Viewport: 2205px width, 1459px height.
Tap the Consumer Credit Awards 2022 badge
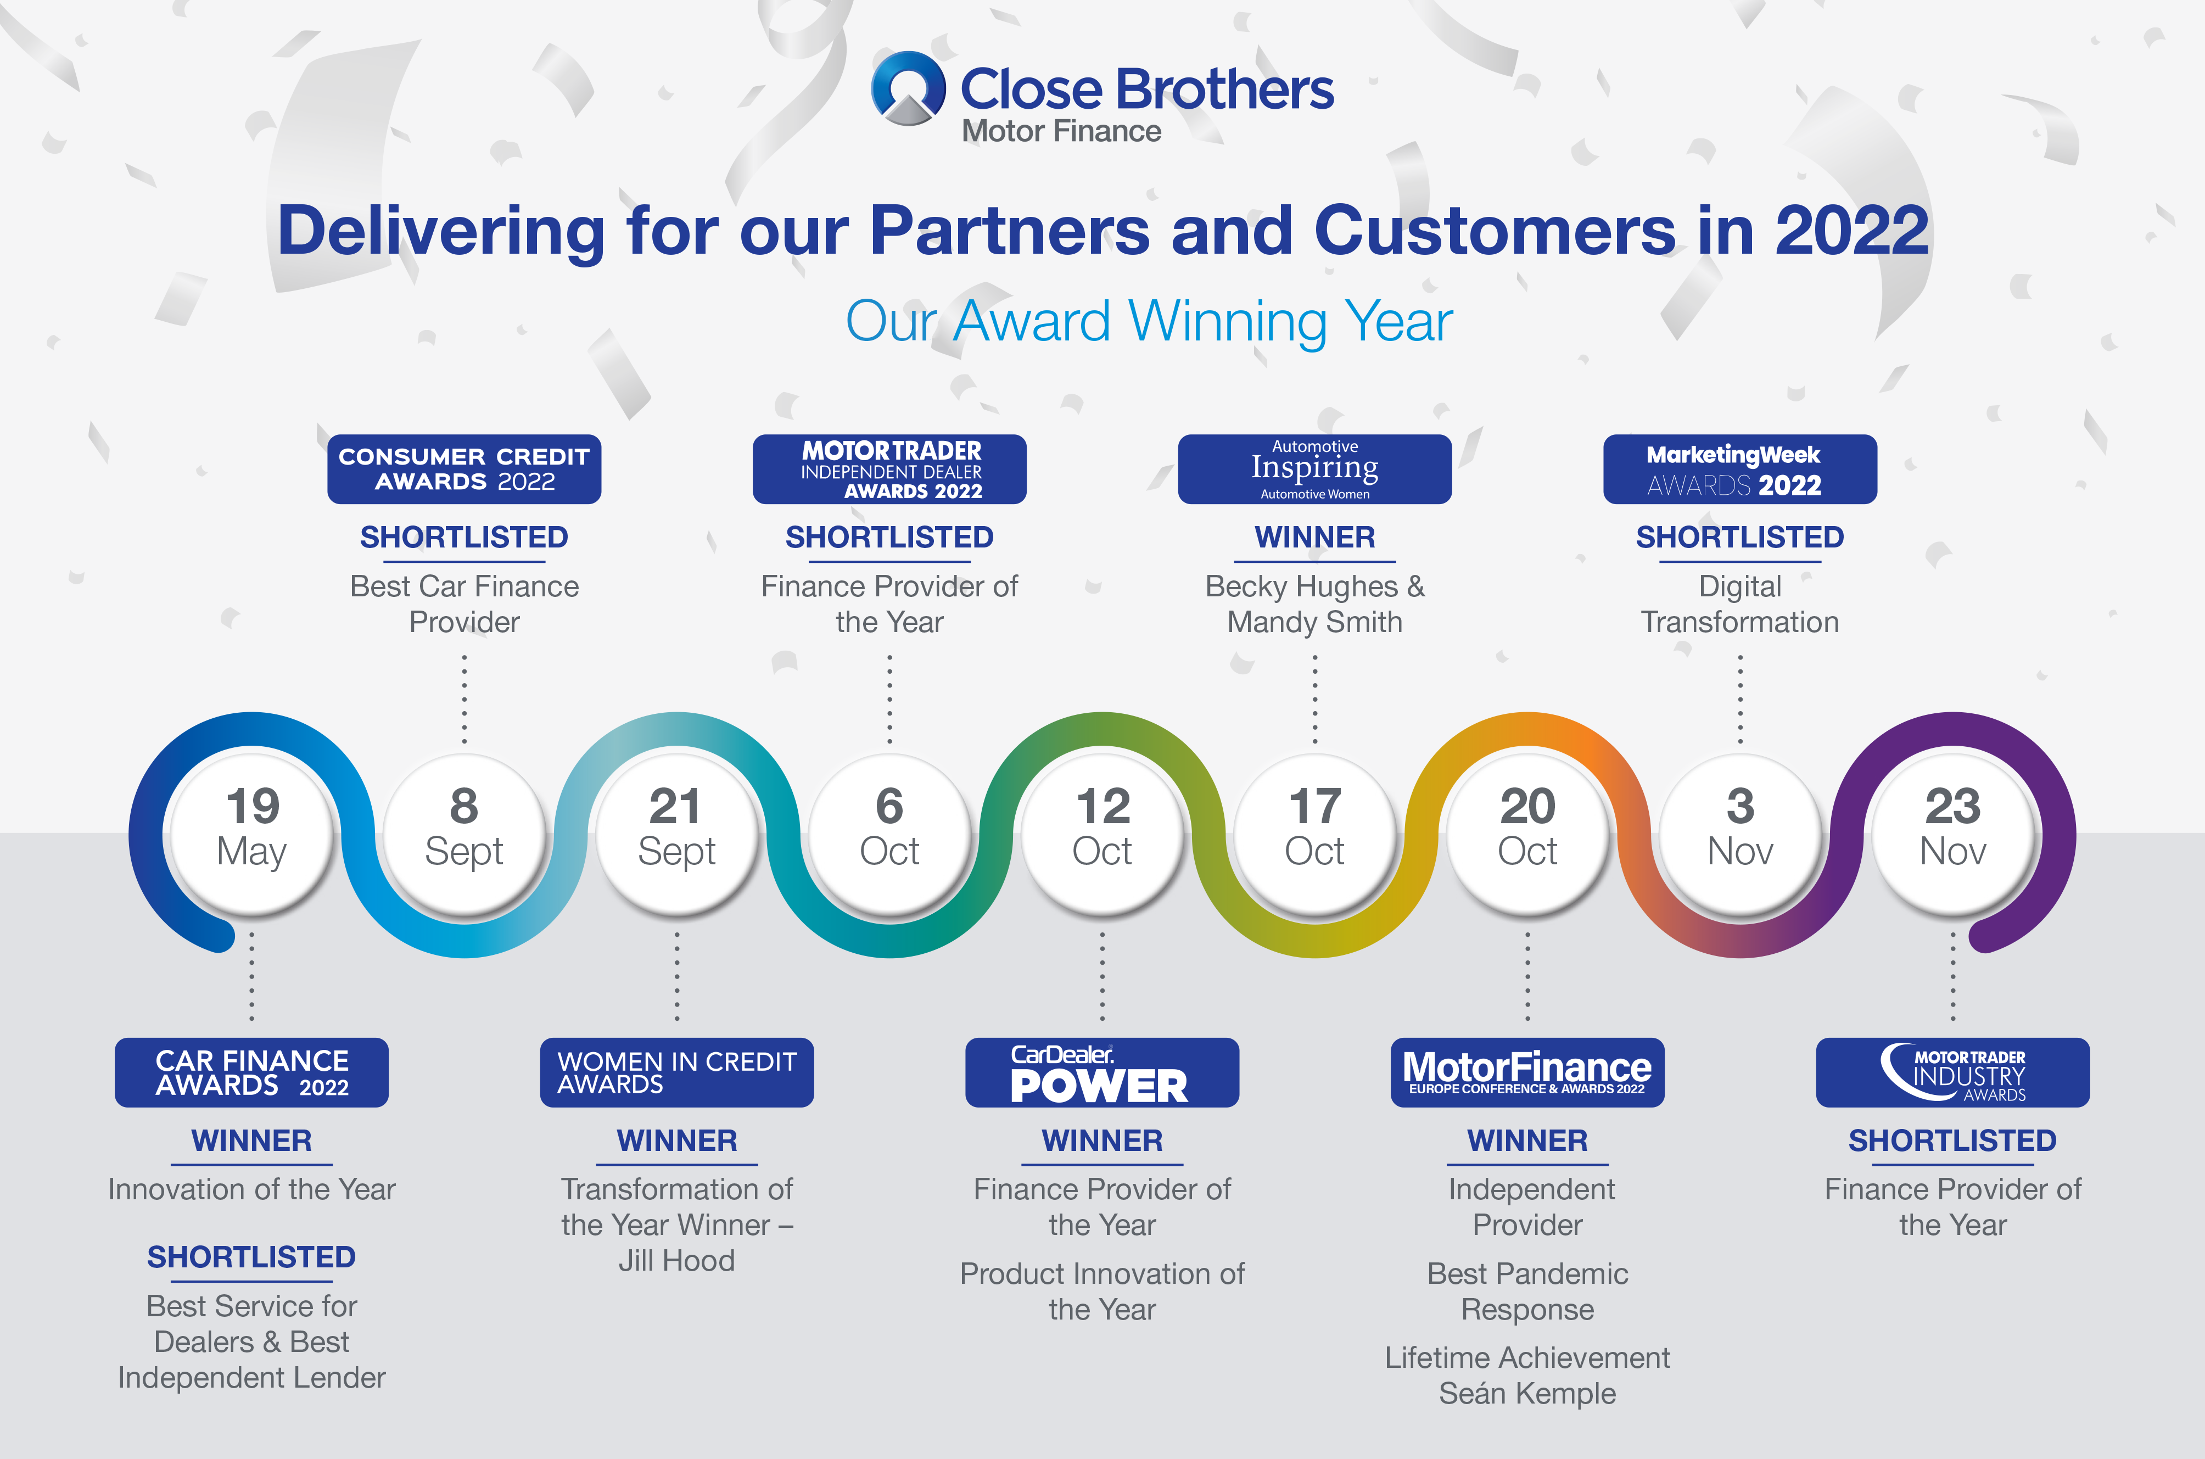coord(464,469)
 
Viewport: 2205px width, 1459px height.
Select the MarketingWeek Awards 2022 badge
coord(1740,469)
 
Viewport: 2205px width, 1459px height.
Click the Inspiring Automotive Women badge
coord(1314,469)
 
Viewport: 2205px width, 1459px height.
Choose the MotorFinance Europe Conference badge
coord(1527,1072)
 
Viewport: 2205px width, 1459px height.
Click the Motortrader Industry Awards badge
coord(1953,1072)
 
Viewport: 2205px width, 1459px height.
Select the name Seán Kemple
coord(1527,1394)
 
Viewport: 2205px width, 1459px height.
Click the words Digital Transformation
coord(1740,604)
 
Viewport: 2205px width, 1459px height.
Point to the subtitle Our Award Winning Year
coord(1149,322)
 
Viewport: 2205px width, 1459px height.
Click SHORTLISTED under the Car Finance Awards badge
coord(251,1257)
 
